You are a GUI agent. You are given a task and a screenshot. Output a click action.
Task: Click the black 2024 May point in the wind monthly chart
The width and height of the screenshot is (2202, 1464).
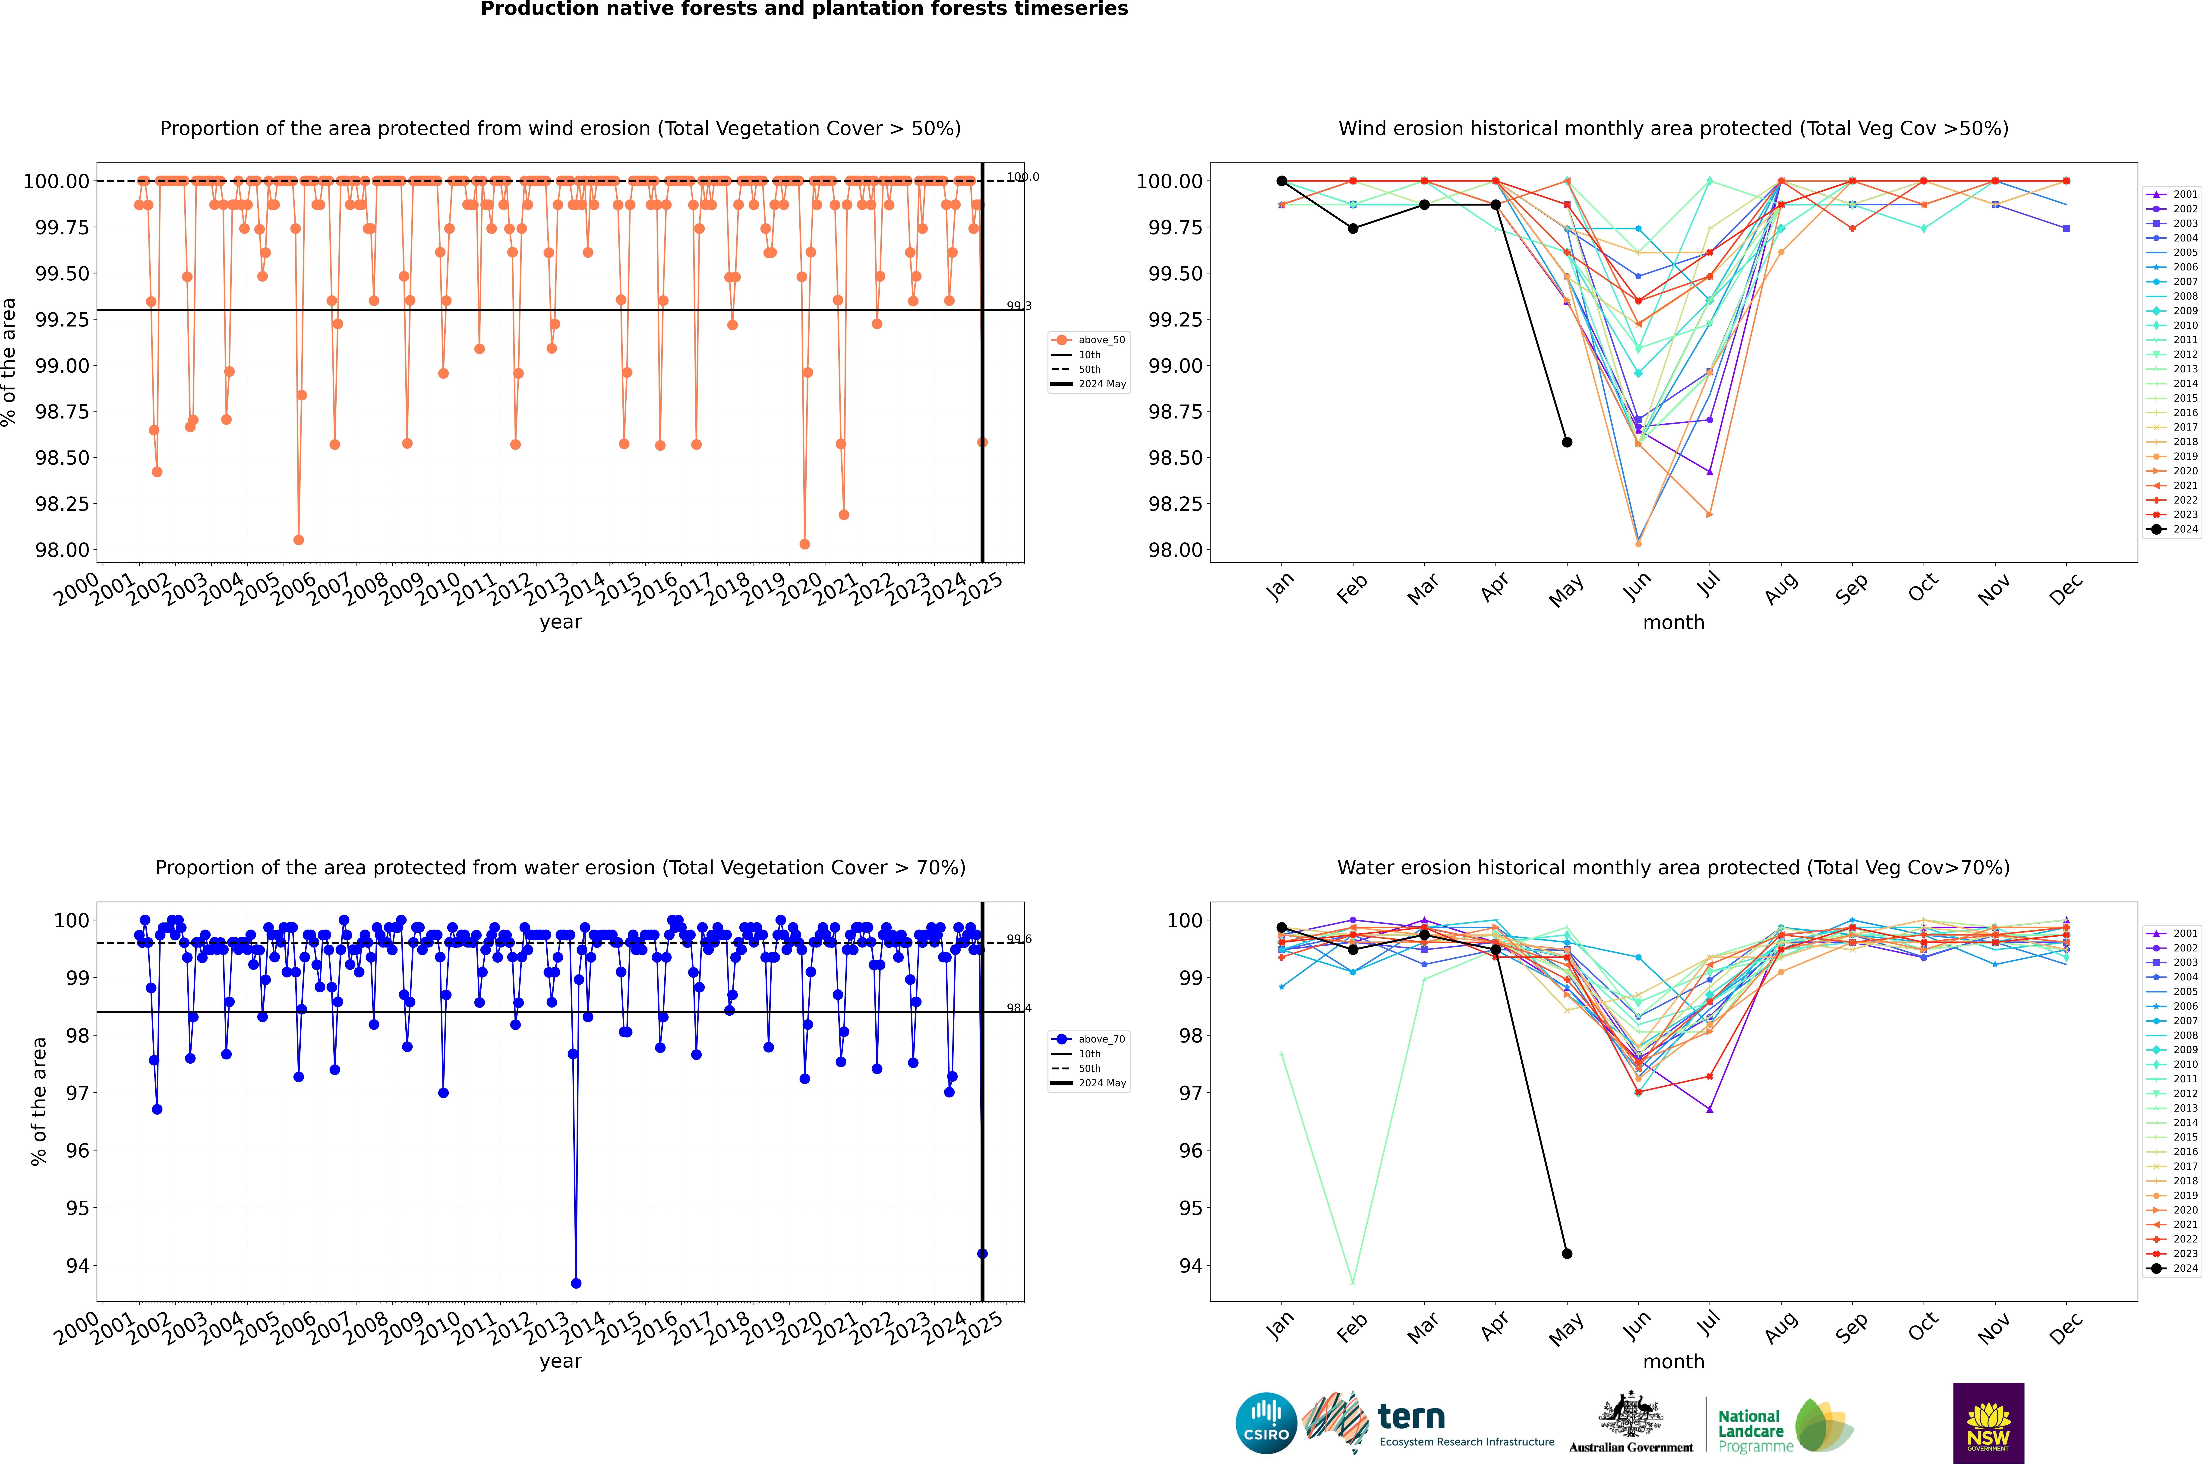tap(1567, 443)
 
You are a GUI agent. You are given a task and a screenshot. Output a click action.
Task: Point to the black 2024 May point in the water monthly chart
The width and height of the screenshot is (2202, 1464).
tap(1567, 1254)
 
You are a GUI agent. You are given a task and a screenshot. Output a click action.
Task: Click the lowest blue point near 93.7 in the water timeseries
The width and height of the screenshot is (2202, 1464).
tap(576, 1284)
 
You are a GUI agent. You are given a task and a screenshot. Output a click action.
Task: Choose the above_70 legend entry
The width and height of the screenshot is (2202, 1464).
tap(1089, 1039)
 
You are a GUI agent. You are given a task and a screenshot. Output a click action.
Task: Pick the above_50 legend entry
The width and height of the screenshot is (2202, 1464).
tap(1089, 340)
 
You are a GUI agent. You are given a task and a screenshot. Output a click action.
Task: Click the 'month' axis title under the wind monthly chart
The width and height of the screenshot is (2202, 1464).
tap(1674, 623)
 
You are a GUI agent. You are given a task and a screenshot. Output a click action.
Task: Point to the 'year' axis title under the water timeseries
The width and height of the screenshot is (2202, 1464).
tap(560, 1361)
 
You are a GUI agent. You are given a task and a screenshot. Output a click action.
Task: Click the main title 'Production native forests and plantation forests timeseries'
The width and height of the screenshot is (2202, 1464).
tap(804, 9)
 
